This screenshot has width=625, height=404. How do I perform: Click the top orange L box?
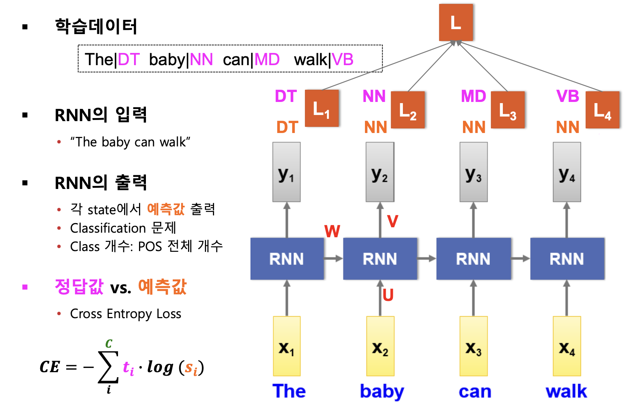(456, 22)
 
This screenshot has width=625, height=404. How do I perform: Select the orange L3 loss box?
(507, 110)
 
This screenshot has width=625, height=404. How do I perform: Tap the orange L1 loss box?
(322, 108)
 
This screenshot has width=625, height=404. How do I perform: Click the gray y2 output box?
(380, 172)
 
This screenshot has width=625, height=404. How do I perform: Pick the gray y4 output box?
(567, 172)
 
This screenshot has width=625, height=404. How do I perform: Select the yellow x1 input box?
(286, 346)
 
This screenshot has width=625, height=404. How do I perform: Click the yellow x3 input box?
(473, 346)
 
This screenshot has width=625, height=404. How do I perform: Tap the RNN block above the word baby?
(380, 259)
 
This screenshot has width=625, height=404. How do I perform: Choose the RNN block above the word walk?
(567, 259)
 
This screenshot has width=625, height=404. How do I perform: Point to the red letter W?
(332, 231)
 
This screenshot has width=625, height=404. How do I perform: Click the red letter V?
(393, 221)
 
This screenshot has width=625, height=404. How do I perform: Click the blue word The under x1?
(289, 391)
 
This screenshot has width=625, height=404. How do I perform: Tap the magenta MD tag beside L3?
(473, 96)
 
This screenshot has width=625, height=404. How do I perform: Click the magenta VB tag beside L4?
(568, 96)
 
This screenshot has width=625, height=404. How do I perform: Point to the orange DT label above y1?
(287, 127)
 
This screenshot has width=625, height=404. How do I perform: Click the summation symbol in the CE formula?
(108, 367)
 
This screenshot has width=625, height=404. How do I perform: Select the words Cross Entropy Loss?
(126, 314)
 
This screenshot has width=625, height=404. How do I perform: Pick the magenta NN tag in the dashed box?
(201, 60)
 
